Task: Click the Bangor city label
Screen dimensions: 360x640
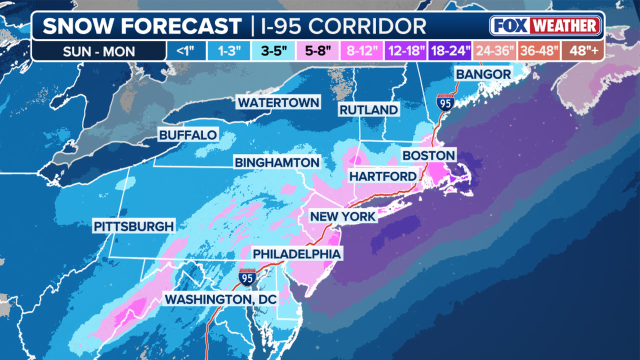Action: (483, 74)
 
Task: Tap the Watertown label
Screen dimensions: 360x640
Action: (278, 102)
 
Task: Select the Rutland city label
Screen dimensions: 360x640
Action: (368, 110)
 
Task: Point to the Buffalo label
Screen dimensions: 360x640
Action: (188, 135)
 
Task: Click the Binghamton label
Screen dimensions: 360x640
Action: (277, 162)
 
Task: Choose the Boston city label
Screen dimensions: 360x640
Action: (428, 155)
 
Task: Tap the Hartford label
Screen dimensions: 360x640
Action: (382, 176)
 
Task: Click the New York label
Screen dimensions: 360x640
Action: (342, 216)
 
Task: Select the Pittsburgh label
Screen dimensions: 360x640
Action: (134, 226)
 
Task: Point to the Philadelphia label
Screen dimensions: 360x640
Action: (296, 254)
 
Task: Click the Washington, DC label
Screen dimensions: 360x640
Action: (221, 299)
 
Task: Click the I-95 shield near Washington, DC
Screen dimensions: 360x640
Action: (247, 276)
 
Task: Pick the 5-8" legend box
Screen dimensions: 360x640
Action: (314, 51)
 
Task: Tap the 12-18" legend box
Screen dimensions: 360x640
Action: (405, 51)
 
